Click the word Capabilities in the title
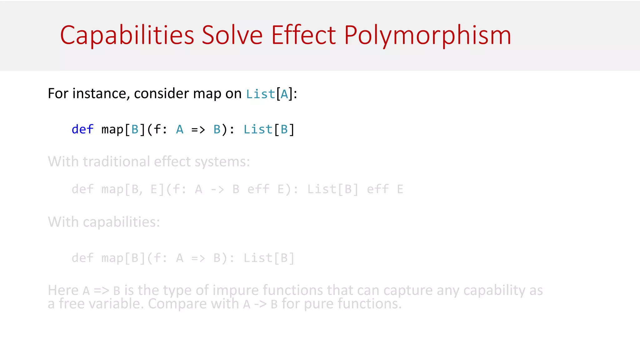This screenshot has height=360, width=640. click(127, 35)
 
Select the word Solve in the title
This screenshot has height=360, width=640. click(232, 35)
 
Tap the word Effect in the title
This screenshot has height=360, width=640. click(303, 35)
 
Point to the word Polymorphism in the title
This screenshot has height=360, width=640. click(427, 35)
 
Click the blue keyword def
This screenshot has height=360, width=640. click(82, 129)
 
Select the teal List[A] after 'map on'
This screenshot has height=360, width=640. click(269, 94)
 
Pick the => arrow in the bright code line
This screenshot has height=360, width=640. click(198, 129)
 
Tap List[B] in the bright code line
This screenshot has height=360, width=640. click(269, 129)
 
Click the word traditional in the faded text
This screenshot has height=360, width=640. click(118, 162)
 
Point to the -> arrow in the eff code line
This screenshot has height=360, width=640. click(217, 189)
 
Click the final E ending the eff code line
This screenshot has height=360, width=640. click(400, 189)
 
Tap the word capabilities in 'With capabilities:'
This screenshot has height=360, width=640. click(121, 222)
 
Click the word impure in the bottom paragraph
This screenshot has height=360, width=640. click(236, 290)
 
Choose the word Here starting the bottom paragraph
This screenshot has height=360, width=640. click(63, 290)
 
